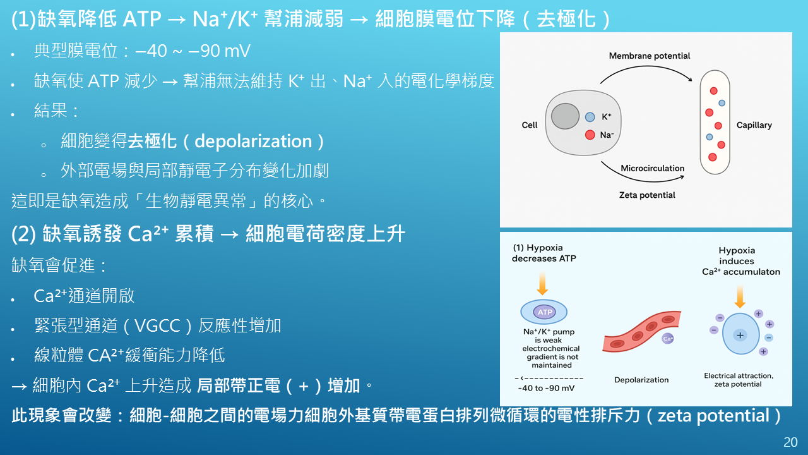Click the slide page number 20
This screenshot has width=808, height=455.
click(790, 442)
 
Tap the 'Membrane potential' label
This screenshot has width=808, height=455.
click(650, 56)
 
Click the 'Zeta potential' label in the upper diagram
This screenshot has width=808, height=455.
click(647, 195)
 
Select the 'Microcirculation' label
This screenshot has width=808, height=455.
click(652, 168)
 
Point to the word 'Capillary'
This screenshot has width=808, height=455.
click(754, 125)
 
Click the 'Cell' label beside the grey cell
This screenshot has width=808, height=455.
click(529, 125)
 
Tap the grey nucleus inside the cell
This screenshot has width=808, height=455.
click(565, 116)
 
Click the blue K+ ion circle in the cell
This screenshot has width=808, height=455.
click(590, 117)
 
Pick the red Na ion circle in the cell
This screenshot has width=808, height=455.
click(590, 135)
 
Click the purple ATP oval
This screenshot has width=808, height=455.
click(545, 312)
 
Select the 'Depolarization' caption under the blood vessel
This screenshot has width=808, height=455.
click(641, 380)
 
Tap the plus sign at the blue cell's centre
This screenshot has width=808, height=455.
click(740, 335)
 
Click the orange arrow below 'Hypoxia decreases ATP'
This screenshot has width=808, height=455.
click(542, 284)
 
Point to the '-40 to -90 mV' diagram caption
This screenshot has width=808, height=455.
click(546, 388)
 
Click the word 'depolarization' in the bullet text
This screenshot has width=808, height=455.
click(253, 141)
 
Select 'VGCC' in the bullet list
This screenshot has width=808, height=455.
click(157, 325)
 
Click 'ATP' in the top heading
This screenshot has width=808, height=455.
click(142, 19)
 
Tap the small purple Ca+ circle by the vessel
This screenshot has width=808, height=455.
click(668, 338)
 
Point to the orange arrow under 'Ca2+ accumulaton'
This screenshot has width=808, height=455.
click(740, 296)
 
